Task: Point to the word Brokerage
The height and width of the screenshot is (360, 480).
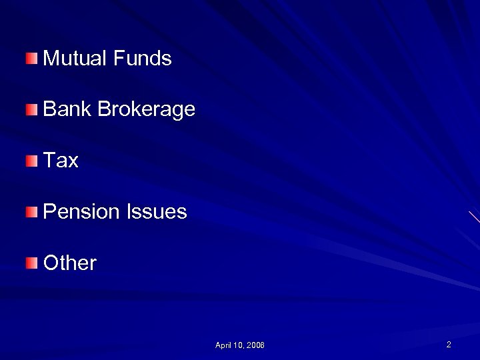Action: click(x=146, y=110)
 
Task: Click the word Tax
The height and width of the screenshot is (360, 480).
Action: click(x=61, y=161)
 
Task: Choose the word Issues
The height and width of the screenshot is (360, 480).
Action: click(x=157, y=212)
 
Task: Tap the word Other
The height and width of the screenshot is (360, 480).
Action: click(x=69, y=263)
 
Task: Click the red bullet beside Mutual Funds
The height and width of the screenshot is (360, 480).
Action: click(x=33, y=59)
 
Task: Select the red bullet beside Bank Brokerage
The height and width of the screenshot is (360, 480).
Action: click(x=33, y=109)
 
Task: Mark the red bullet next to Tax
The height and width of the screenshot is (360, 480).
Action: click(x=33, y=161)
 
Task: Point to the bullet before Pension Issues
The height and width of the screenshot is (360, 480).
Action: click(x=33, y=212)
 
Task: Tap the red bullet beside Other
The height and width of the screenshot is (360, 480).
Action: click(x=33, y=263)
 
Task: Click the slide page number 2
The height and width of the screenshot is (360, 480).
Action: click(x=449, y=345)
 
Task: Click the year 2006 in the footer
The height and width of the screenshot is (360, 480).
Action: click(x=255, y=345)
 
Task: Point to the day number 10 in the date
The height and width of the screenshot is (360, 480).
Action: click(x=238, y=345)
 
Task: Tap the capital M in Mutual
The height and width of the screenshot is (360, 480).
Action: click(x=51, y=59)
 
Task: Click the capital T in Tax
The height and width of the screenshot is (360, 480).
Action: click(x=49, y=161)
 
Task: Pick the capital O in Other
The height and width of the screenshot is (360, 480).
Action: click(x=51, y=263)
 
